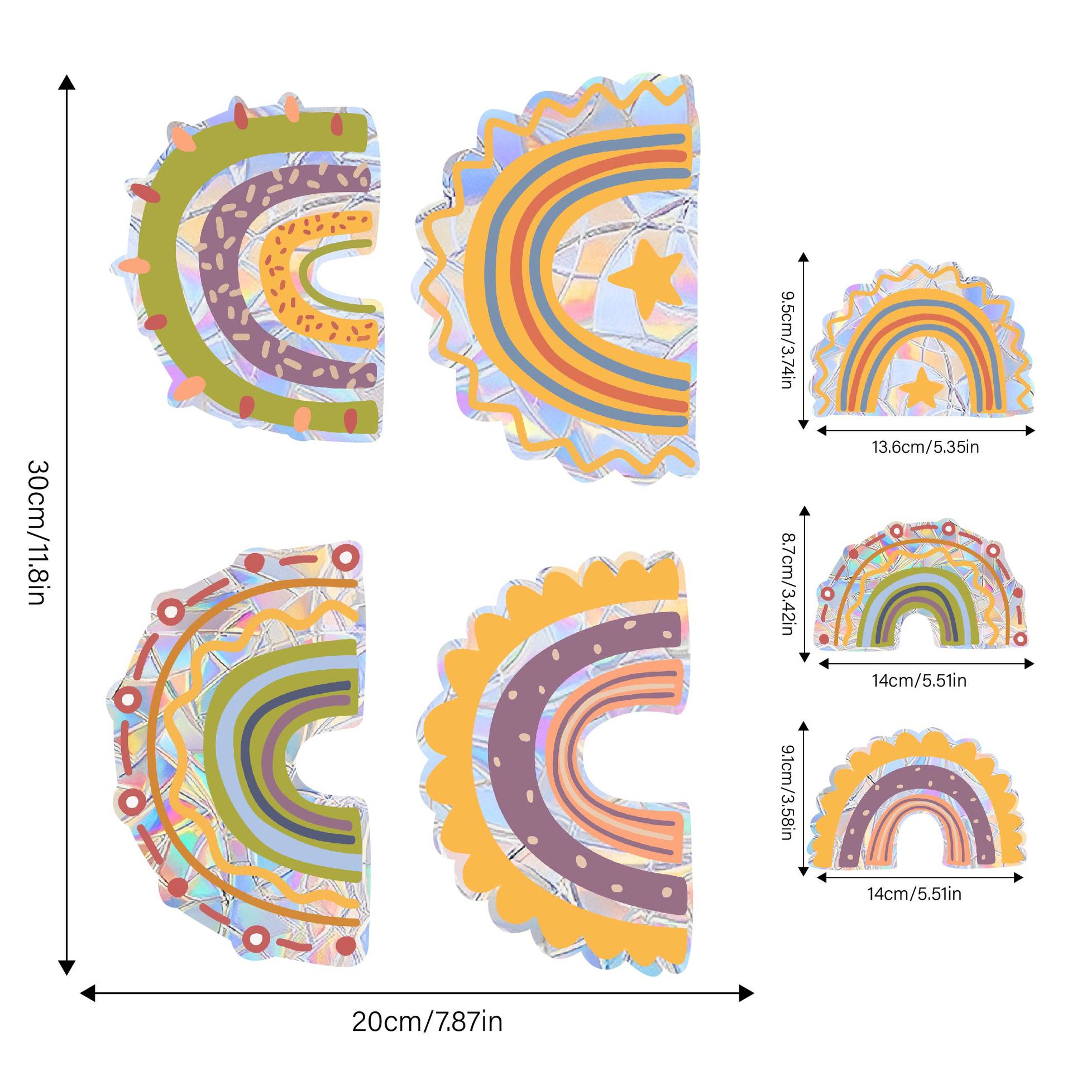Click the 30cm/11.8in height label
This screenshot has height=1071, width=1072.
[x=39, y=532]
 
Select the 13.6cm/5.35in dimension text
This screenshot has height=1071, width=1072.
[x=925, y=447]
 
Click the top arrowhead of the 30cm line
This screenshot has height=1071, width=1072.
[x=67, y=83]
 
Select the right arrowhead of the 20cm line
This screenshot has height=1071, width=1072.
[x=746, y=993]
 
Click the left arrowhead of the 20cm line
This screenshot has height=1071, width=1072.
[x=88, y=993]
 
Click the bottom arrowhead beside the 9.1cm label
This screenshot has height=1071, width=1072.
[x=803, y=885]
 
